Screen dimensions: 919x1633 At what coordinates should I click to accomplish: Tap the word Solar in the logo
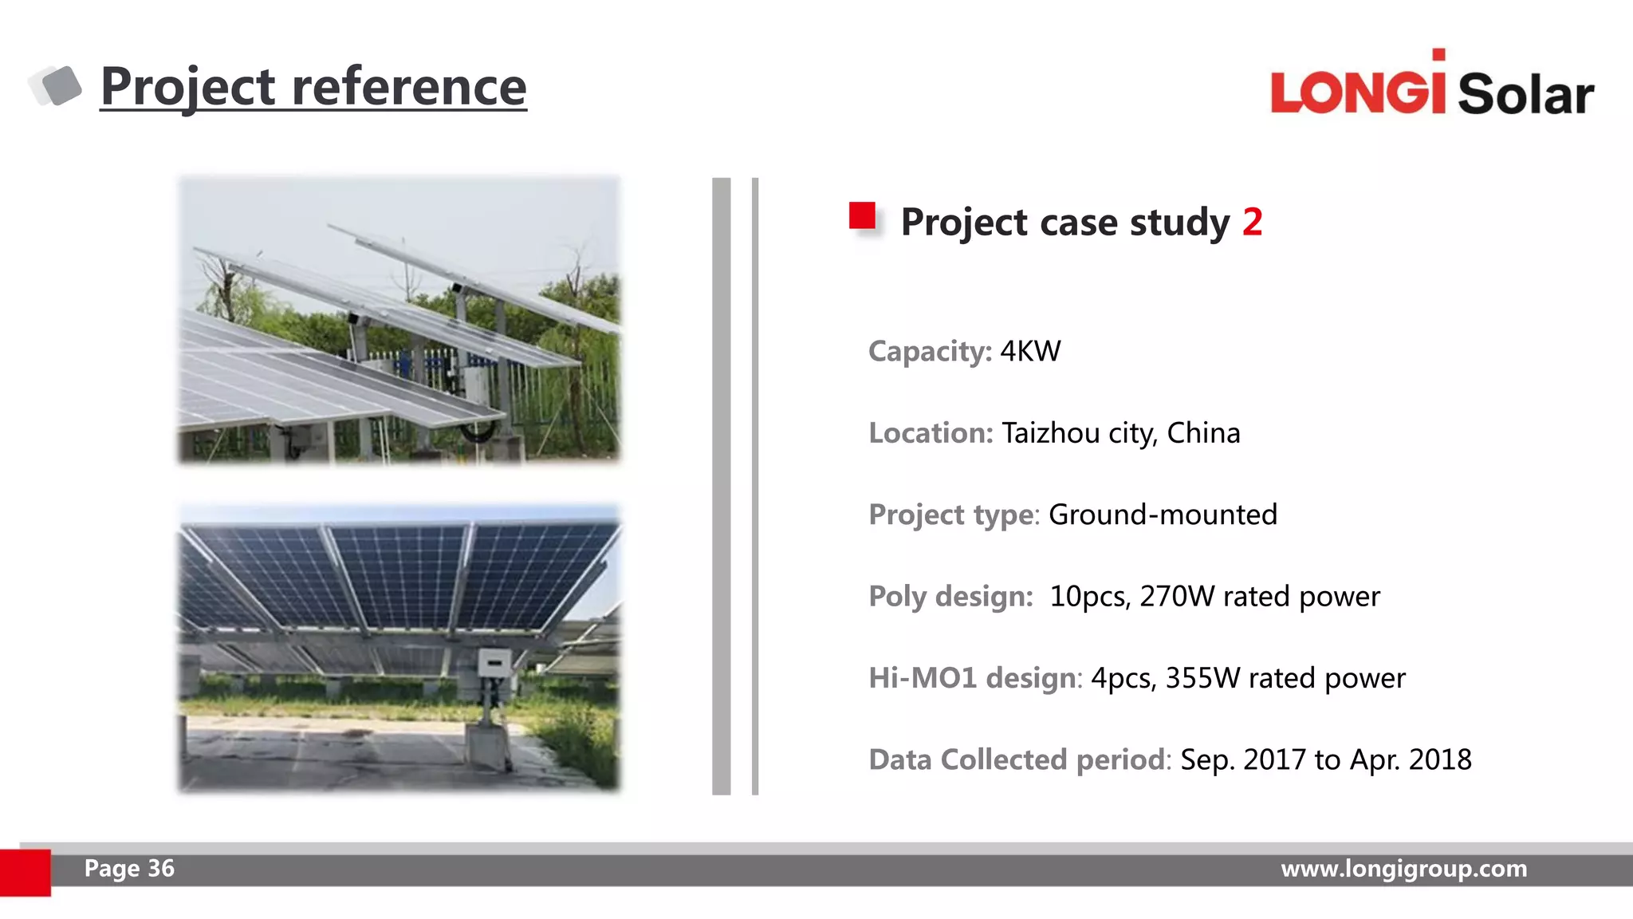(x=1525, y=95)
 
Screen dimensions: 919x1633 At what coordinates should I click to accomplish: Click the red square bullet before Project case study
(x=862, y=216)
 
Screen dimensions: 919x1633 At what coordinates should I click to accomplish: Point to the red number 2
(x=1252, y=222)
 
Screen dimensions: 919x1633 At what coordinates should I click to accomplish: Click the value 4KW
(x=1030, y=351)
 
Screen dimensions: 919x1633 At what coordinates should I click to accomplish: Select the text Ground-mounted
(x=1163, y=515)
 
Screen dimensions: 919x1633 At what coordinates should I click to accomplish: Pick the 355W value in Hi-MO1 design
(x=1202, y=678)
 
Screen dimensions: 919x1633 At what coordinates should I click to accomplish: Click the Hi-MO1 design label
(x=974, y=678)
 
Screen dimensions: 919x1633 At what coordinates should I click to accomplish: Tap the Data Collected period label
(x=1017, y=759)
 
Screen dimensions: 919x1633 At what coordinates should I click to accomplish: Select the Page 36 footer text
(x=129, y=868)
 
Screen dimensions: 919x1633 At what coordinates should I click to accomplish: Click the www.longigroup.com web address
(x=1403, y=868)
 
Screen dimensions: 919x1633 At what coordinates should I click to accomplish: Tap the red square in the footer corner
(x=25, y=872)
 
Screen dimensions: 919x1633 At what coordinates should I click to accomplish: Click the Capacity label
(x=929, y=351)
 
